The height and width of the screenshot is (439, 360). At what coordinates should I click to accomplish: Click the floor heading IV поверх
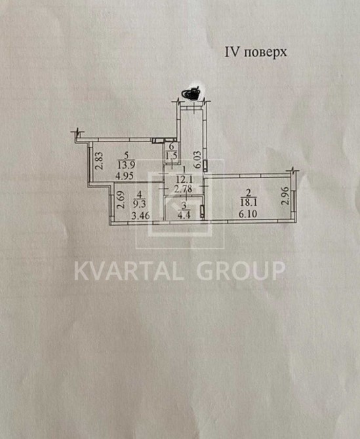(256, 52)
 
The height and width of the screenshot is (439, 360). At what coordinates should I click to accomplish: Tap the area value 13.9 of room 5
(126, 166)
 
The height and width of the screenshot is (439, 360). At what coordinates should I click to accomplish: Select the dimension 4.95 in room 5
(125, 176)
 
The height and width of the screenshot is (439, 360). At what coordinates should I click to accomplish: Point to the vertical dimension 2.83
(99, 161)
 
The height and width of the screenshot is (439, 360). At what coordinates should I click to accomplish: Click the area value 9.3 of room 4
(139, 204)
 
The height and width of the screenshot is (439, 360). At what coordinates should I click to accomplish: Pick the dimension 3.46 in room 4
(141, 216)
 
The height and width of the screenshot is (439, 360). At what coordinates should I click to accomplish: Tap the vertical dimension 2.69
(121, 200)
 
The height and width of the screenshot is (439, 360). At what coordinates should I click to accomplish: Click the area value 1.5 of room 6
(171, 156)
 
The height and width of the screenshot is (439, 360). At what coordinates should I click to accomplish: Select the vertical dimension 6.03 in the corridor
(198, 160)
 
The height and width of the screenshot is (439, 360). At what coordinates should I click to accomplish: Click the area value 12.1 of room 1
(184, 179)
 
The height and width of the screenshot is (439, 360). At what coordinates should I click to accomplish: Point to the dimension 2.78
(183, 189)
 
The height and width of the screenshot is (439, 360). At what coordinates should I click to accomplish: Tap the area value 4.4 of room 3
(184, 216)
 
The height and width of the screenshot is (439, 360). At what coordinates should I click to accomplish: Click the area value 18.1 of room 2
(249, 202)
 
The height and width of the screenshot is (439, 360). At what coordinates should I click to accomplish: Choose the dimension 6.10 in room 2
(248, 214)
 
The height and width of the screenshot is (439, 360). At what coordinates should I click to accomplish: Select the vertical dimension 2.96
(285, 196)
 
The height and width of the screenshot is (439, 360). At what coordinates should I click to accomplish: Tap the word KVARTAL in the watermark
(129, 271)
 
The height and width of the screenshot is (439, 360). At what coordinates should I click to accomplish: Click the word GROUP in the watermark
(241, 271)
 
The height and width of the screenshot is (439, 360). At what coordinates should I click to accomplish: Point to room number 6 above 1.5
(171, 146)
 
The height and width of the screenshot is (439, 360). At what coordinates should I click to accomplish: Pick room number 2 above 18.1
(248, 193)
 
